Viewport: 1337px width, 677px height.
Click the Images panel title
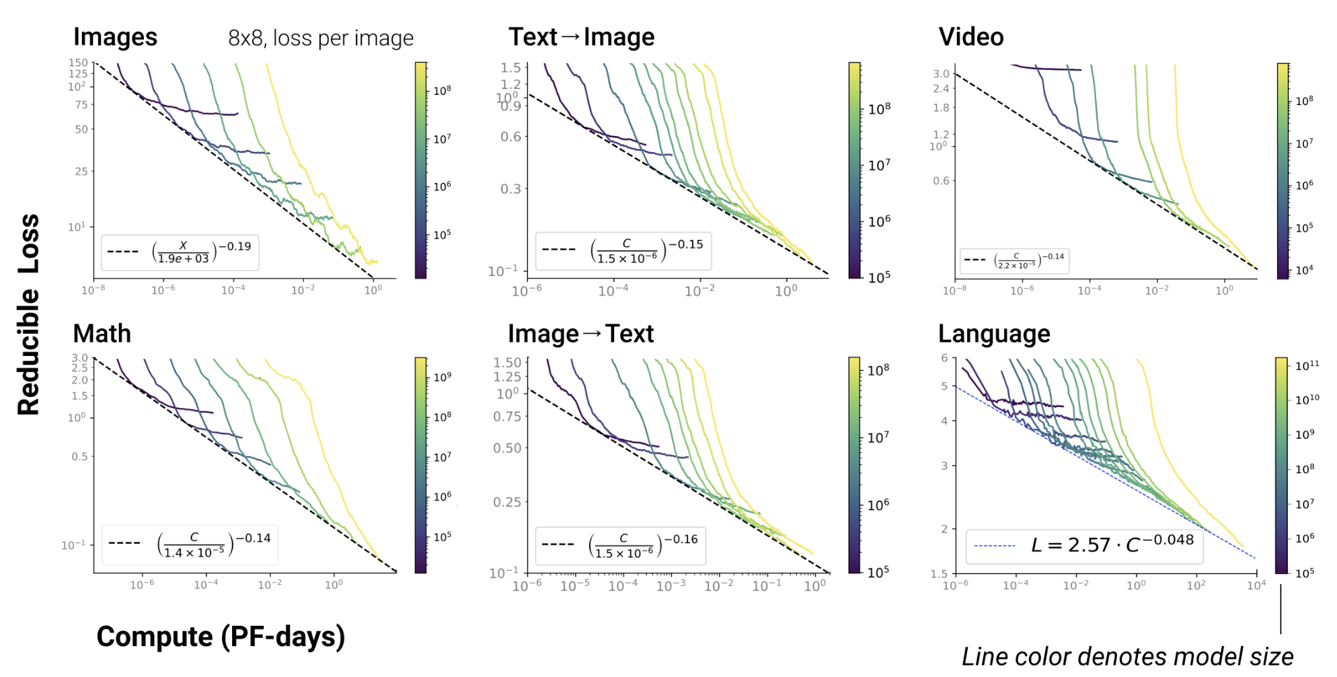[x=115, y=38]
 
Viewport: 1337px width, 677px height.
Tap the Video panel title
[x=970, y=38]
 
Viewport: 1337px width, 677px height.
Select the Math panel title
[x=102, y=334]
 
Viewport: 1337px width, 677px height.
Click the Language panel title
[x=993, y=334]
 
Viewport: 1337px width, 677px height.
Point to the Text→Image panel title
[x=581, y=38]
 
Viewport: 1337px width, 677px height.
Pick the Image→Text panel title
[x=580, y=334]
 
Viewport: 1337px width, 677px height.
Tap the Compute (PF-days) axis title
[x=221, y=637]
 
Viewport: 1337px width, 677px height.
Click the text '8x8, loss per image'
[x=321, y=38]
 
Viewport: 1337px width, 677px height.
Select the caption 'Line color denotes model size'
[x=1127, y=657]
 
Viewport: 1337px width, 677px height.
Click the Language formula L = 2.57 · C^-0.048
[x=1112, y=544]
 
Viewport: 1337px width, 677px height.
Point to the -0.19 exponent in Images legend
[x=235, y=246]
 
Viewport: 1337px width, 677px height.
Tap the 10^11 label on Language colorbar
[x=1307, y=365]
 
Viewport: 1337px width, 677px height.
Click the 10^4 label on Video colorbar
[x=1304, y=271]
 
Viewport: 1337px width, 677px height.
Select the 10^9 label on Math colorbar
[x=442, y=377]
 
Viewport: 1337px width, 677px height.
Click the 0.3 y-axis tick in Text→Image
[x=510, y=188]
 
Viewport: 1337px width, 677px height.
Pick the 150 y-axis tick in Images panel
[x=78, y=63]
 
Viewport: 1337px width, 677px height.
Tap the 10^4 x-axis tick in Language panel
[x=1256, y=585]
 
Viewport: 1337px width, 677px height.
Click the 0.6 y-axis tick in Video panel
[x=941, y=180]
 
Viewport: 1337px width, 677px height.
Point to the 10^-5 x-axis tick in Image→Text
[x=575, y=586]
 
